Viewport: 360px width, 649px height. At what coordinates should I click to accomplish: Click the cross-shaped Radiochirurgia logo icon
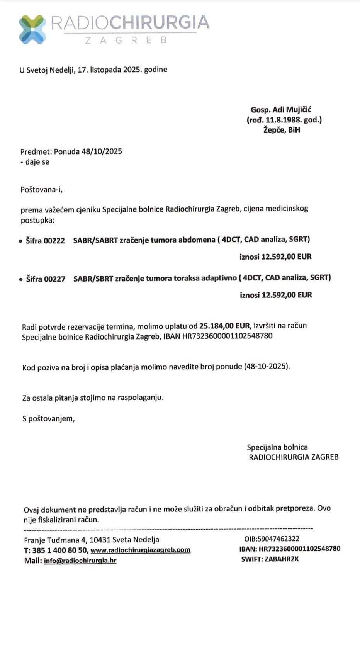click(x=32, y=29)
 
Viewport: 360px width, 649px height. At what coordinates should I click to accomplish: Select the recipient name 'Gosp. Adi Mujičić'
click(x=281, y=110)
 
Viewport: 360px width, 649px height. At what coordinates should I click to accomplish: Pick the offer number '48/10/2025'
click(x=102, y=151)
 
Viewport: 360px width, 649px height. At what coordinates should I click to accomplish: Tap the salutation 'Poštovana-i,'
click(x=41, y=190)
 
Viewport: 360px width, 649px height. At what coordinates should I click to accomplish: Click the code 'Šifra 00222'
click(x=45, y=240)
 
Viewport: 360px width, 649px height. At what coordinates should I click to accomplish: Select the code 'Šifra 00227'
click(x=45, y=279)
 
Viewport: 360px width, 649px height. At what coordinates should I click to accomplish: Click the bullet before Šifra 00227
click(x=21, y=279)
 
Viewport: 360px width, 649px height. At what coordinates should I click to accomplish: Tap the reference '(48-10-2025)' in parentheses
click(x=267, y=367)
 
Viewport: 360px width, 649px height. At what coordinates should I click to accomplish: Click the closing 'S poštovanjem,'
click(x=48, y=418)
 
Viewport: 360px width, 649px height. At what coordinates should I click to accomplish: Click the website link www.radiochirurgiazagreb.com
click(x=140, y=550)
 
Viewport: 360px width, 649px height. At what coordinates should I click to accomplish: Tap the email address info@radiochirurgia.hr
click(x=80, y=561)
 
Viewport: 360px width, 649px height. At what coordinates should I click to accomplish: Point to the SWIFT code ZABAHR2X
click(x=282, y=559)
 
